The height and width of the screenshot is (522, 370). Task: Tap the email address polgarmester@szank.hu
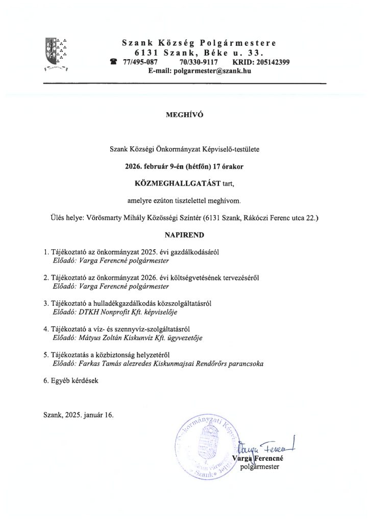[210, 71]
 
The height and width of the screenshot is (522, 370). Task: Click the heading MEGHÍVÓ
[185, 115]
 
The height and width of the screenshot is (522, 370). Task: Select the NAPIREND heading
[185, 236]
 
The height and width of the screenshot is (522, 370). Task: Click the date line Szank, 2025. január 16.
[79, 414]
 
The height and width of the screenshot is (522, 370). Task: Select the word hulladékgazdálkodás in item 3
[117, 303]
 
